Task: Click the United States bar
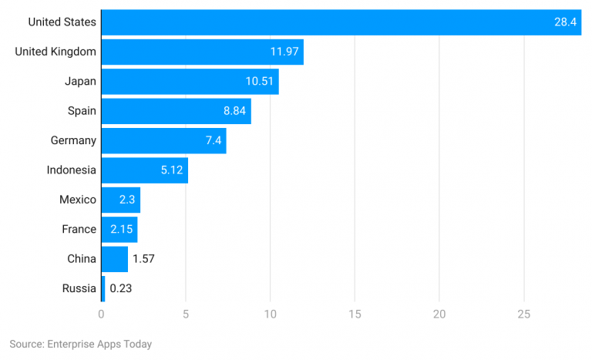[339, 22]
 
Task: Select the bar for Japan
[189, 82]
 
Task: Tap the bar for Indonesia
[144, 170]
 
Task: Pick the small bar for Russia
[103, 288]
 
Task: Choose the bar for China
[114, 259]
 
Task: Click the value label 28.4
[565, 22]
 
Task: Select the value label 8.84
[234, 111]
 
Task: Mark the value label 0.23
[120, 288]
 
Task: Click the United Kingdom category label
[55, 52]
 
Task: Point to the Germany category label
[73, 140]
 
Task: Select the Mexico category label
[78, 200]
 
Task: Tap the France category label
[79, 229]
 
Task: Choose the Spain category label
[82, 111]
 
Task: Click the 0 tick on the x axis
[101, 314]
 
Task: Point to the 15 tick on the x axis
[355, 314]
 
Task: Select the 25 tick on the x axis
[523, 314]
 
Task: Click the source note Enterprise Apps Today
[80, 344]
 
